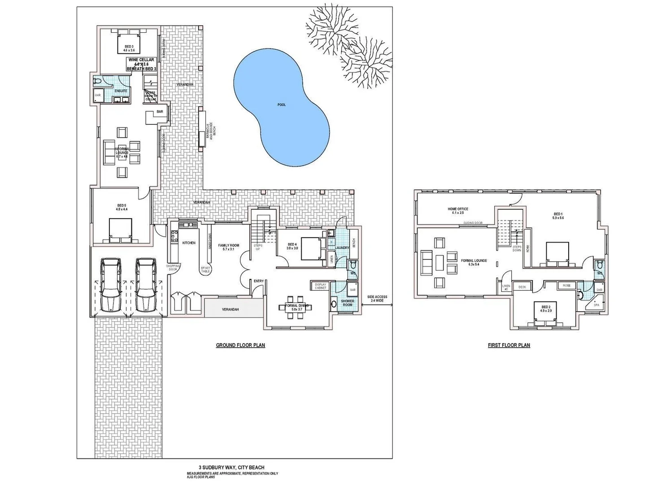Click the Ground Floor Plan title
click(240, 345)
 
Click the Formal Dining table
click(296, 307)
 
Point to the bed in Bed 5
click(121, 229)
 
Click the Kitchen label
click(189, 243)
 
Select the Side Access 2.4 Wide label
click(377, 299)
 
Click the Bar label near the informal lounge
click(160, 112)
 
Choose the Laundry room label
click(342, 248)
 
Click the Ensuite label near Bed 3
click(121, 91)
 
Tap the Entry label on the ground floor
click(259, 281)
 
